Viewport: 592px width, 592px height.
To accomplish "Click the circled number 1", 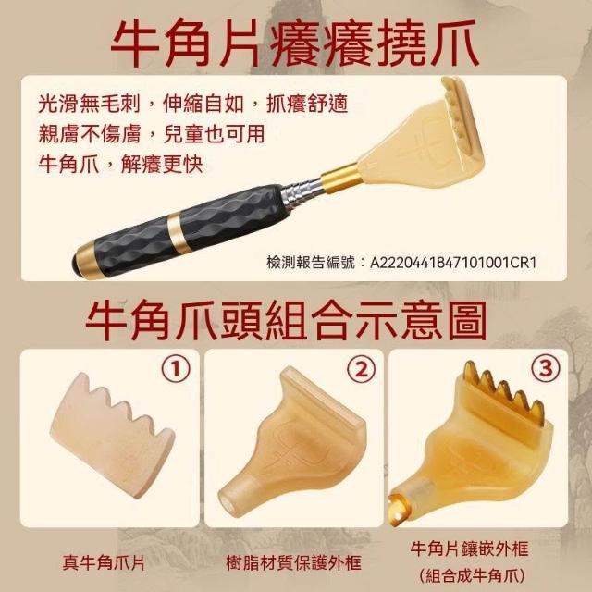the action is pos(176,369).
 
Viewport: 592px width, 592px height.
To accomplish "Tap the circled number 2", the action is pos(362,369).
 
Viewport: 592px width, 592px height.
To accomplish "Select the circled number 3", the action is pos(546,369).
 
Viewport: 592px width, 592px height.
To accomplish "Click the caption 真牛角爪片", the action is pos(104,563).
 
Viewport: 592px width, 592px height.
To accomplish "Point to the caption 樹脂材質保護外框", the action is pos(294,563).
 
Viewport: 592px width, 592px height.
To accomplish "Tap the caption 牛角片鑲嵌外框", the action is pos(469,549).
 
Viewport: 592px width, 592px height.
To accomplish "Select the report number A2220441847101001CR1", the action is pos(453,263).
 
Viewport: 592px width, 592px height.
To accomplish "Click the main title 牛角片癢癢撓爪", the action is pos(295,43).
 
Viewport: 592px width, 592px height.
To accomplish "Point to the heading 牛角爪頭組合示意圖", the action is pos(286,321).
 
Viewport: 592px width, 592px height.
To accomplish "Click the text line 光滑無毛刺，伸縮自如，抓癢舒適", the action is pos(193,104).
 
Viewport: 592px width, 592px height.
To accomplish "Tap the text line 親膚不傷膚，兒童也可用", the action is pos(152,134).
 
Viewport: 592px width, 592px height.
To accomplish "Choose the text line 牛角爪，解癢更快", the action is pos(120,165).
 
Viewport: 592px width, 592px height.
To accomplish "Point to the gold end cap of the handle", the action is pos(86,261).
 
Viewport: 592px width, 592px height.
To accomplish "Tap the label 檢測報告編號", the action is pos(311,263).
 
